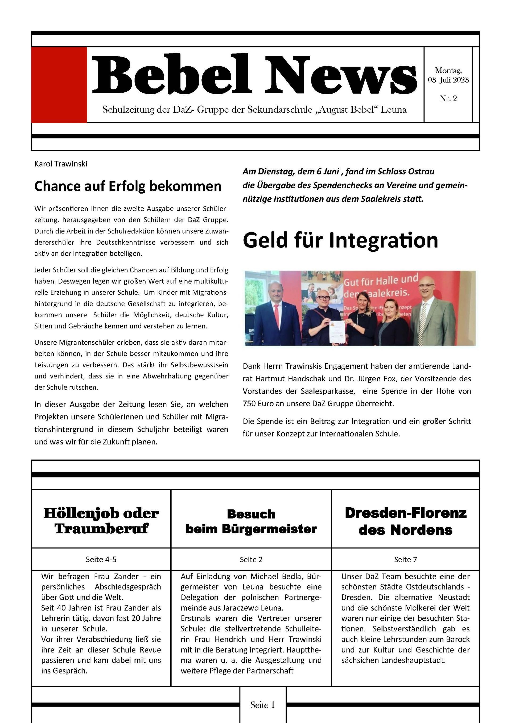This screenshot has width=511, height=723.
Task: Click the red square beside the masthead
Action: [59, 85]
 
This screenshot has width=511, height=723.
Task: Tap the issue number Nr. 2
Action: [448, 99]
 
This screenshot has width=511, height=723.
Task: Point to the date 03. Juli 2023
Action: [448, 80]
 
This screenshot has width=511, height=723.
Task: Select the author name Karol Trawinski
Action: [61, 164]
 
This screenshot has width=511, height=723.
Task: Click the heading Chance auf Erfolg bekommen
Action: [128, 186]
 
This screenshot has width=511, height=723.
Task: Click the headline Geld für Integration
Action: [340, 240]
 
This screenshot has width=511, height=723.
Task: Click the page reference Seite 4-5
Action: [101, 559]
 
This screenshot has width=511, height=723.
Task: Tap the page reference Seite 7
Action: [405, 559]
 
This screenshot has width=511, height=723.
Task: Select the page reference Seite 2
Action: [251, 559]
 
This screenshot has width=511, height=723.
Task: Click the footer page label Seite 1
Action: [263, 705]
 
